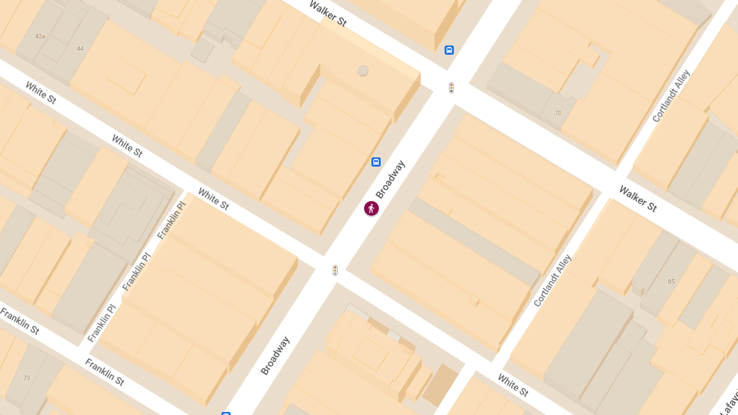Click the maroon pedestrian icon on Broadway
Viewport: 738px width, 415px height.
[x=371, y=208]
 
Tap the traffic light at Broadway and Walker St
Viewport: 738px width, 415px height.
[x=451, y=88]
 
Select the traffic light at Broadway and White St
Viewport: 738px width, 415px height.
[x=335, y=270]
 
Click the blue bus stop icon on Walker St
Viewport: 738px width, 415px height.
[x=450, y=50]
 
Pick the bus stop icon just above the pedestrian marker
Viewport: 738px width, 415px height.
[x=376, y=162]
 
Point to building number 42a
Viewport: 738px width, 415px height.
[x=40, y=36]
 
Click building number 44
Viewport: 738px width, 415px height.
[x=80, y=49]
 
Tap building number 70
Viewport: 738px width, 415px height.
[x=558, y=113]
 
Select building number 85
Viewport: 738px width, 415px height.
[x=671, y=282]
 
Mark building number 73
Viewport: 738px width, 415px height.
[x=26, y=377]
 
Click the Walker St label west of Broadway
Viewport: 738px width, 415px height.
[x=328, y=14]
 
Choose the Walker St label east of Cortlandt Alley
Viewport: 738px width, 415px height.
[x=638, y=198]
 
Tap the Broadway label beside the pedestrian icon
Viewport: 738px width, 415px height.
[x=391, y=180]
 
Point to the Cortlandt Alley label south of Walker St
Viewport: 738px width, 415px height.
[x=552, y=280]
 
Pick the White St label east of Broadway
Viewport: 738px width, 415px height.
[x=512, y=385]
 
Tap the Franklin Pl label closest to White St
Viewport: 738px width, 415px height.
[x=171, y=220]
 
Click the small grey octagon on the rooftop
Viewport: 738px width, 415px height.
[x=363, y=71]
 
